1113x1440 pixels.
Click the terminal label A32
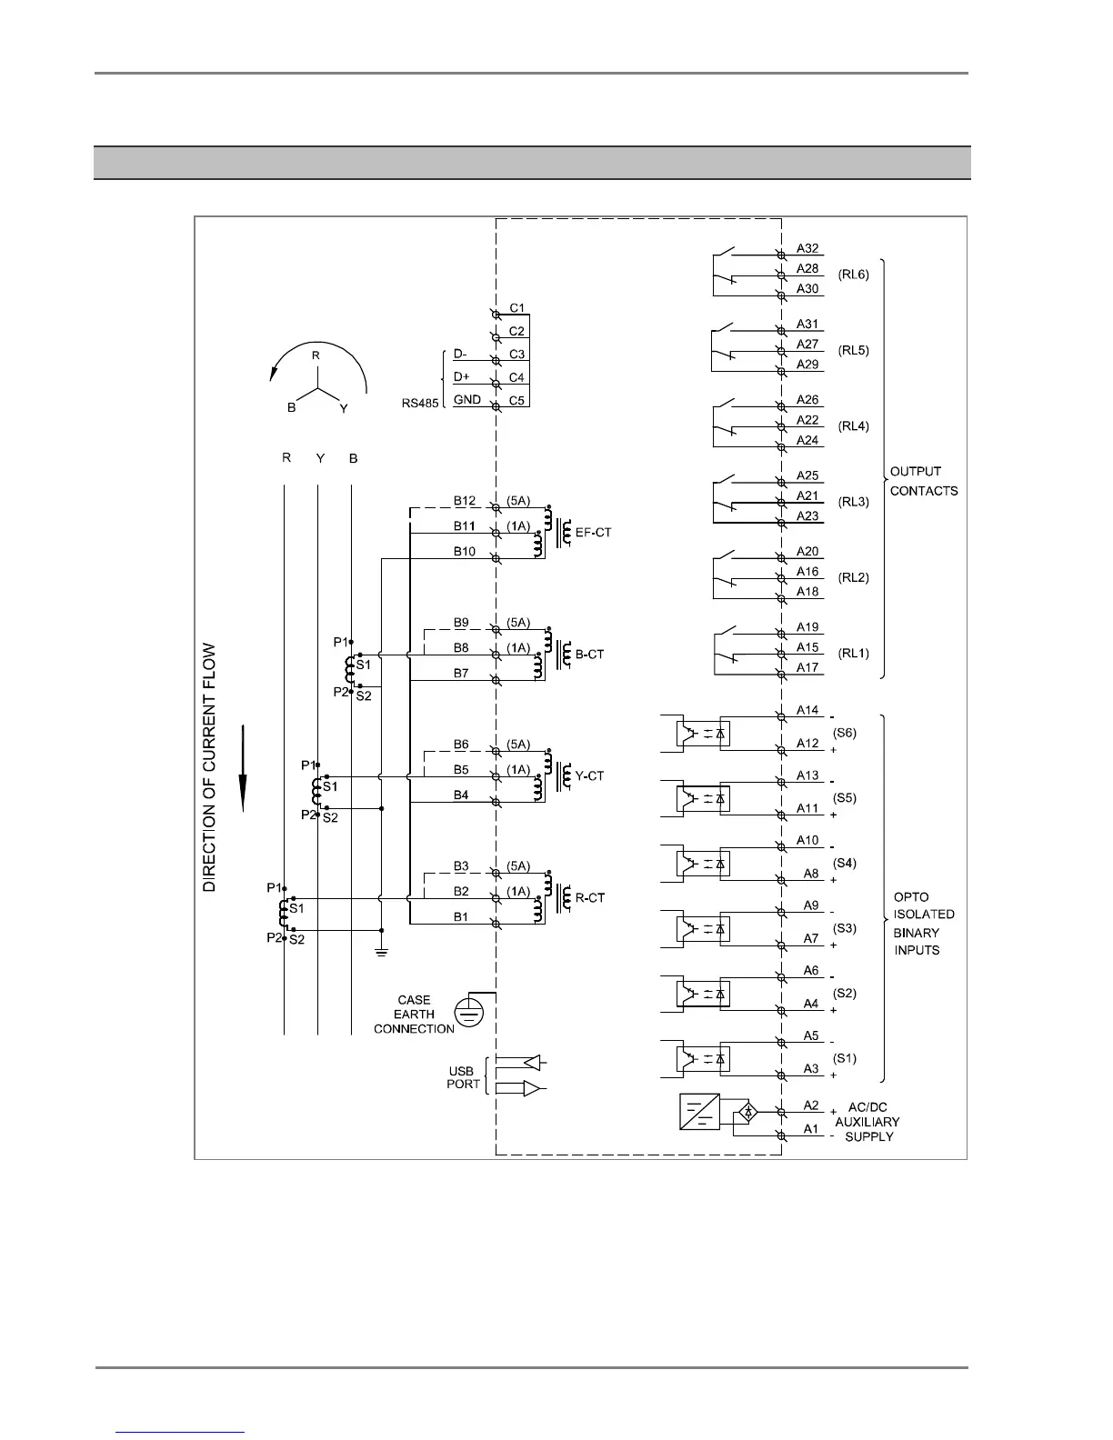click(x=807, y=248)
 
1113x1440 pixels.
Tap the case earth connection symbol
click(x=467, y=1013)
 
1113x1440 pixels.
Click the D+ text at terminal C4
click(x=461, y=376)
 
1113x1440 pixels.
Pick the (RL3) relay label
click(x=853, y=502)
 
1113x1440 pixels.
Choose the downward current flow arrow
click(x=244, y=768)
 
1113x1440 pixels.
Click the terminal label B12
click(x=465, y=500)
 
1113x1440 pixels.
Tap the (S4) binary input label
click(x=845, y=863)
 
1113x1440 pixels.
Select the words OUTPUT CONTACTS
click(x=923, y=481)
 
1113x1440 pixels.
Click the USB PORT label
click(x=463, y=1077)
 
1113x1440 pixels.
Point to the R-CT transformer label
click(x=589, y=898)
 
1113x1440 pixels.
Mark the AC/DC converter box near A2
click(x=699, y=1112)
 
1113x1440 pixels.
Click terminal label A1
click(x=811, y=1129)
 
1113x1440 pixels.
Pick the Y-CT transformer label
click(x=589, y=776)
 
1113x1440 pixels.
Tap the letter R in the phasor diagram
click(x=316, y=355)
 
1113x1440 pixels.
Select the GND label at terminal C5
click(x=467, y=400)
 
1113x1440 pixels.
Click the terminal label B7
click(x=461, y=674)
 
